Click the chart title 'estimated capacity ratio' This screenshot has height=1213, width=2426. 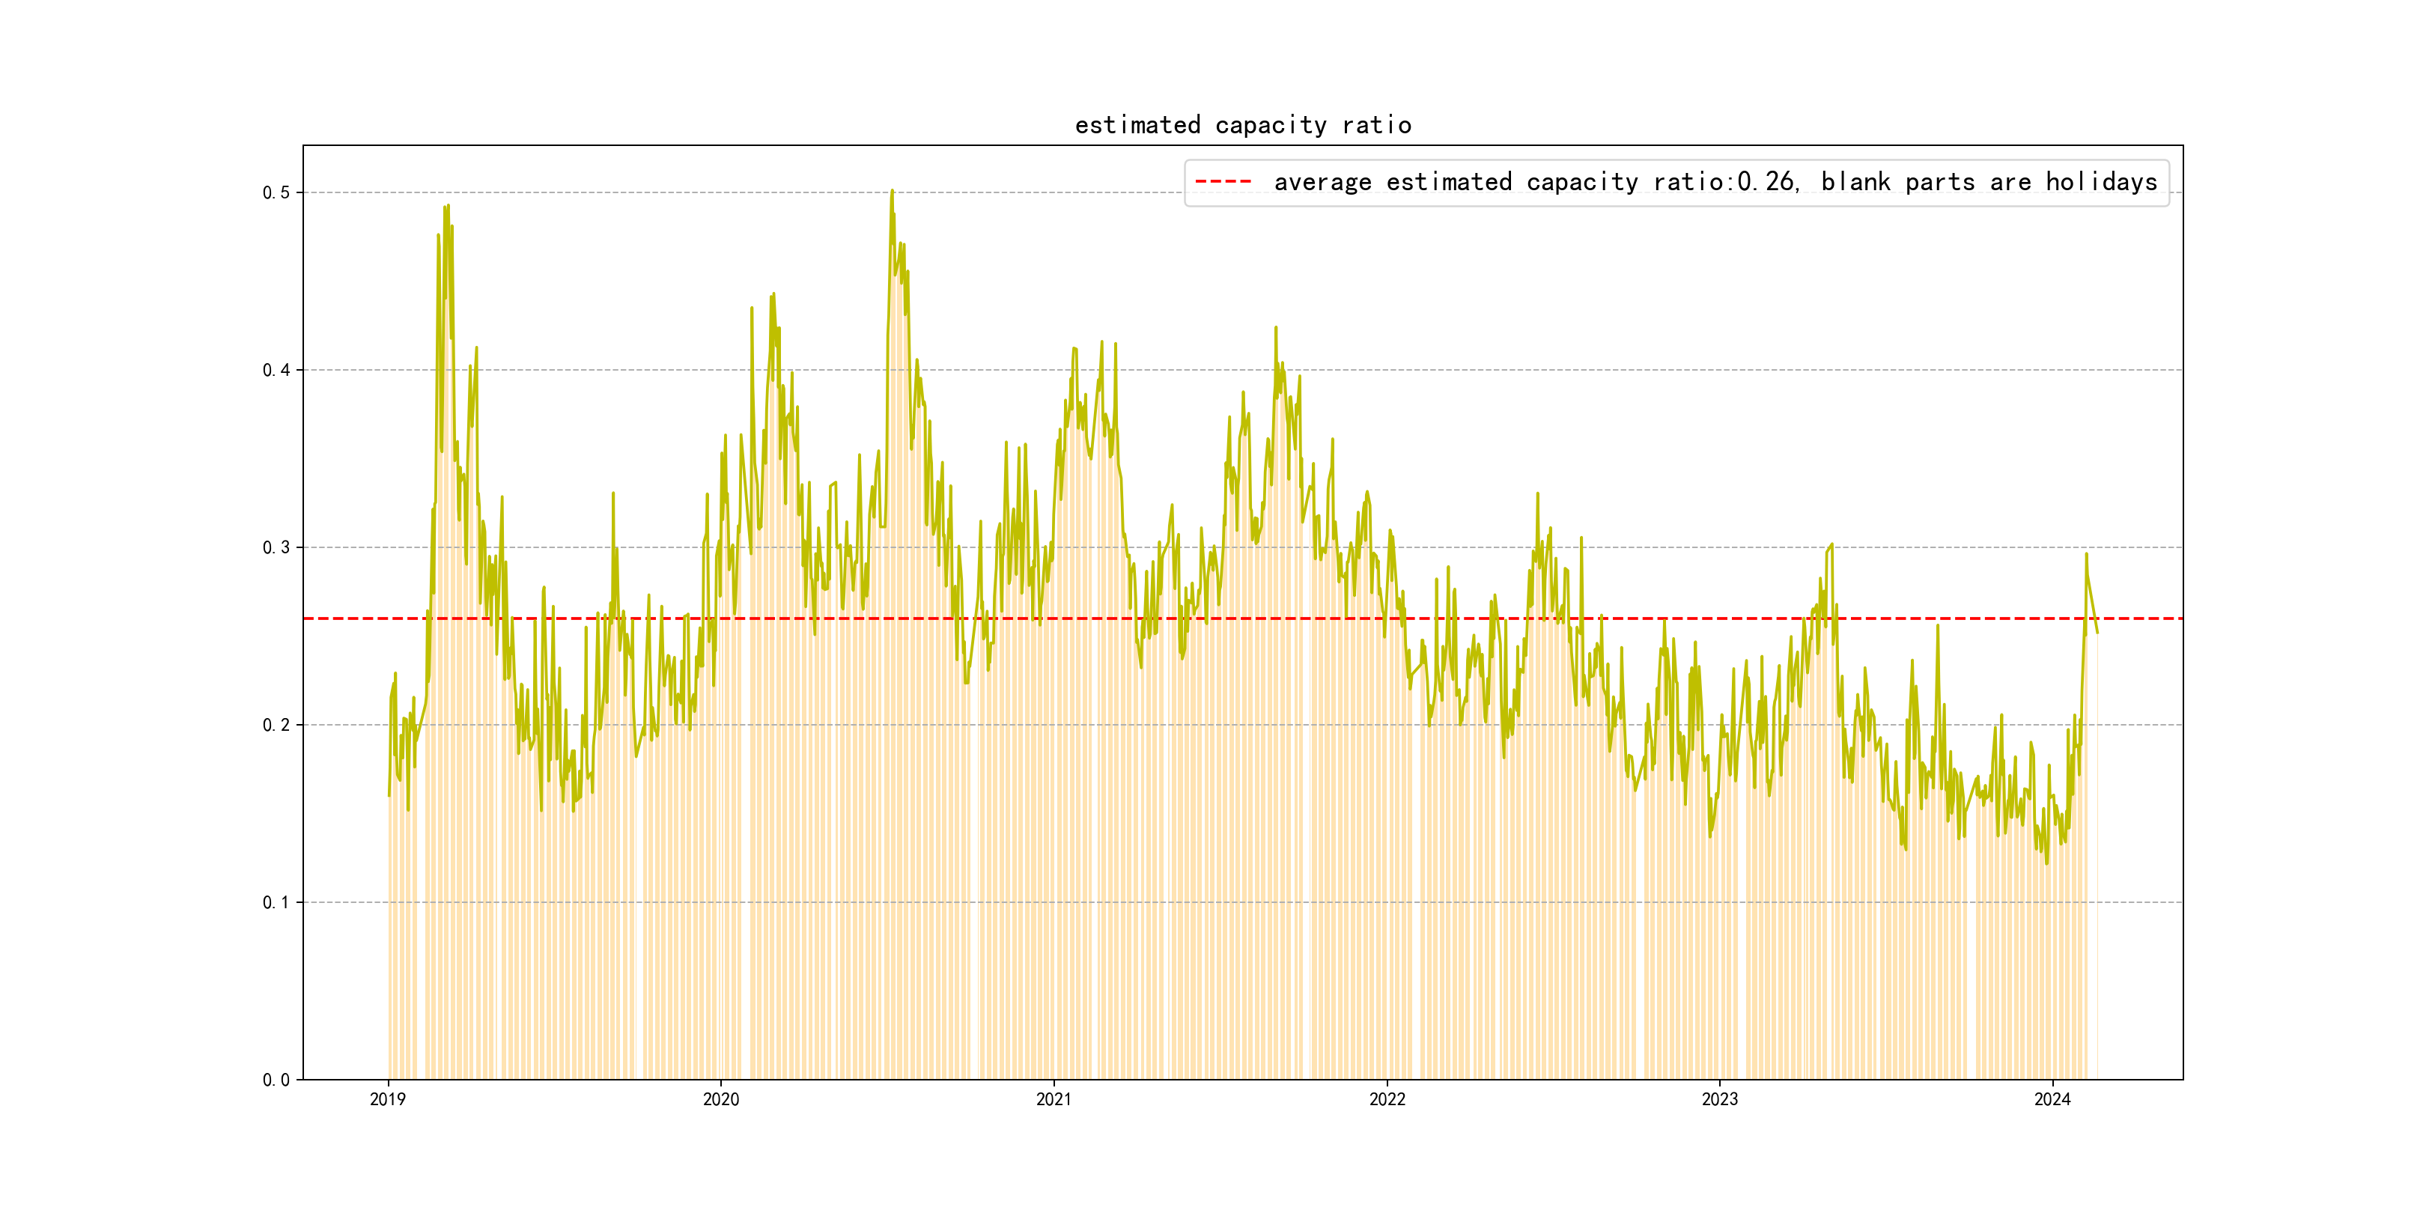1242,125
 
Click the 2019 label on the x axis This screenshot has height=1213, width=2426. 388,1099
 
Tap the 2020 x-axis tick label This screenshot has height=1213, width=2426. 720,1099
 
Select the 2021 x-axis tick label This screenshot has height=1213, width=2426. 1054,1099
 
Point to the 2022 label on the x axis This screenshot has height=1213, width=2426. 1386,1099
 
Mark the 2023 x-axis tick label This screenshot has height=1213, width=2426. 1720,1099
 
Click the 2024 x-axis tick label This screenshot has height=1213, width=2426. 2052,1099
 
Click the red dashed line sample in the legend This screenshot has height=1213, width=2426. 1223,182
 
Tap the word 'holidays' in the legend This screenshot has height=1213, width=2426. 2101,182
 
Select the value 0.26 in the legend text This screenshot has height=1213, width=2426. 1767,182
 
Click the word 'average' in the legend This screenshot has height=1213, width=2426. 1322,182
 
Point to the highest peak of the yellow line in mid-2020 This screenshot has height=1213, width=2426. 892,191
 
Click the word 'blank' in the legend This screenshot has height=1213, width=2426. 1855,182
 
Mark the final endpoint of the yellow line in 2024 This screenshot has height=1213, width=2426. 2097,633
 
